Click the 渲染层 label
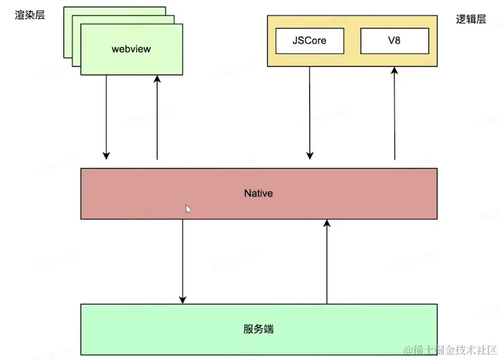[30, 15]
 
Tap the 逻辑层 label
[471, 19]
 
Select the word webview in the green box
[131, 48]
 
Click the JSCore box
[309, 41]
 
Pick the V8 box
[394, 41]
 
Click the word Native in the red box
[258, 193]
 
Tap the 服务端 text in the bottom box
[258, 329]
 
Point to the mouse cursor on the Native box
[188, 208]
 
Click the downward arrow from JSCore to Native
[309, 112]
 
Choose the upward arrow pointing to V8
[395, 112]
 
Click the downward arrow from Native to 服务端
[183, 260]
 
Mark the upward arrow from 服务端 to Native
[326, 260]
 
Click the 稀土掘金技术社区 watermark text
[450, 350]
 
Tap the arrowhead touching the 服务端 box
[183, 299]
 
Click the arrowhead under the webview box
[157, 79]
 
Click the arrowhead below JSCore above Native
[309, 155]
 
